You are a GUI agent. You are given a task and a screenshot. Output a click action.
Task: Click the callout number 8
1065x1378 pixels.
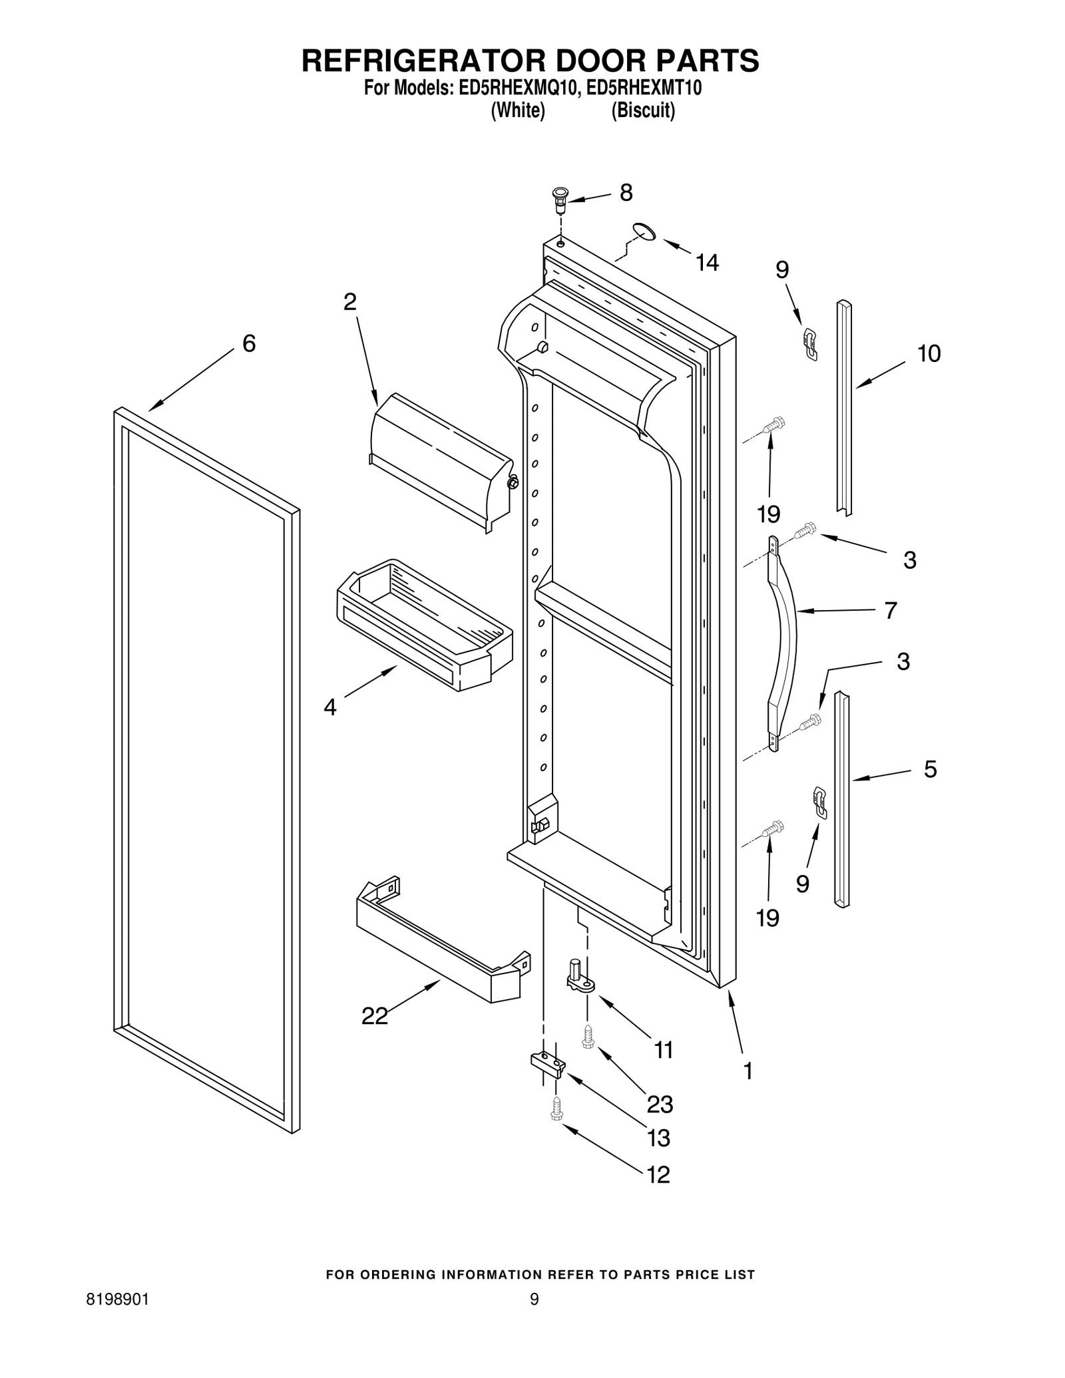626,193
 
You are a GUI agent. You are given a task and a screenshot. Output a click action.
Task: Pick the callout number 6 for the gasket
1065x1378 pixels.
249,343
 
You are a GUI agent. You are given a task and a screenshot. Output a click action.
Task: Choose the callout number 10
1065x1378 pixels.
929,353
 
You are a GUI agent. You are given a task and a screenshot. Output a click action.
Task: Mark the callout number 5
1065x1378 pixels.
930,769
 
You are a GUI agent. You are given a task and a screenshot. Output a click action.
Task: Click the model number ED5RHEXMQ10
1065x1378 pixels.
517,88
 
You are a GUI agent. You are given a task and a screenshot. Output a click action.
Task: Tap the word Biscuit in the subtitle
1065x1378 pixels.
643,110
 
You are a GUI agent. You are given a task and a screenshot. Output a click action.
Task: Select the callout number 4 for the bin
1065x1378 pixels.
330,707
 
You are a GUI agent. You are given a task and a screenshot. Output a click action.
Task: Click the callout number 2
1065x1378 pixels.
350,302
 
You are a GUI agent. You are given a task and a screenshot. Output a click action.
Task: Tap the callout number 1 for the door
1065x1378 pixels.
748,1071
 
